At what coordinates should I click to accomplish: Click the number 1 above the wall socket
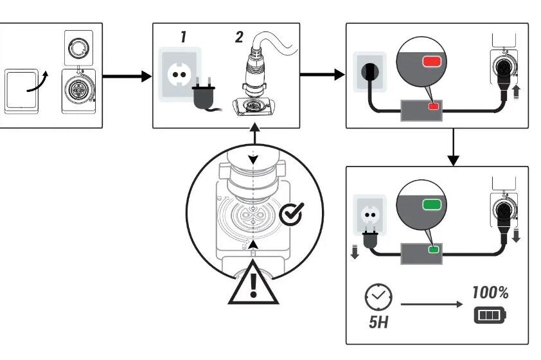click(x=183, y=37)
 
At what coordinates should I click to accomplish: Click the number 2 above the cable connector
click(x=239, y=37)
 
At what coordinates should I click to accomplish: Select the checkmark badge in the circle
click(x=292, y=212)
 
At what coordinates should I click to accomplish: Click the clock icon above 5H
click(x=377, y=296)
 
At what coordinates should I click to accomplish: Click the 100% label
click(x=490, y=293)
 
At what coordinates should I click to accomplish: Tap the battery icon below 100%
click(x=490, y=316)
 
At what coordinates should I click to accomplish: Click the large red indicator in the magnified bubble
click(x=430, y=62)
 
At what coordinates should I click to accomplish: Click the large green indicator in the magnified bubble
click(x=430, y=206)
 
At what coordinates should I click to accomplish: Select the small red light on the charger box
click(x=434, y=106)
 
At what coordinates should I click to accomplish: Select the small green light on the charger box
click(x=434, y=249)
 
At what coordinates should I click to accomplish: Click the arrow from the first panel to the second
click(x=125, y=77)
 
